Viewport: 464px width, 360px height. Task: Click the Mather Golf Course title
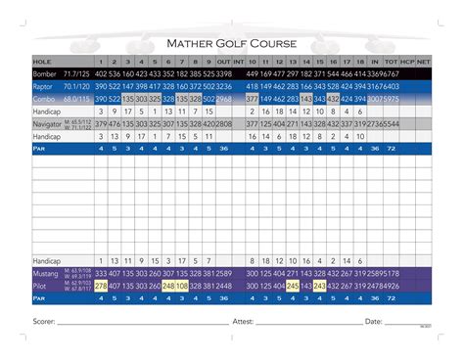[231, 43]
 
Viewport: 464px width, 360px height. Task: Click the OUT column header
[223, 61]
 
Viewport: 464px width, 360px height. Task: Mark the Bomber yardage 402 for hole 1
[101, 73]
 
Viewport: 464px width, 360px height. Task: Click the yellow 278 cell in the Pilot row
[101, 286]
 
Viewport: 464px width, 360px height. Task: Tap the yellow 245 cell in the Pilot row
[293, 286]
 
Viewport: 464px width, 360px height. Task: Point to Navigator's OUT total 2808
[223, 124]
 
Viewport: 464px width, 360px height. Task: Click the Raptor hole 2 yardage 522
[115, 86]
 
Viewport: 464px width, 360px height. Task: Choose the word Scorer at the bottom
[43, 321]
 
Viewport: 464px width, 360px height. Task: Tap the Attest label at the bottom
[244, 321]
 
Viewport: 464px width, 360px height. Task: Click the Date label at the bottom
[373, 321]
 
